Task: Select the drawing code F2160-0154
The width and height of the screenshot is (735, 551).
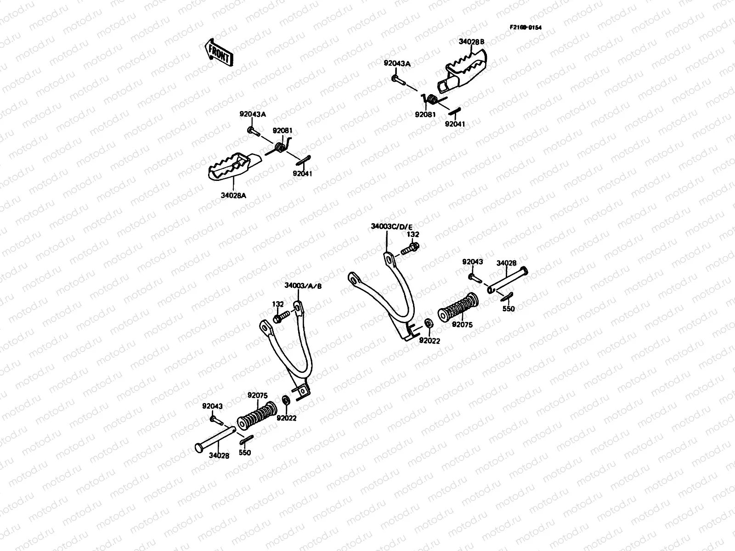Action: pyautogui.click(x=525, y=28)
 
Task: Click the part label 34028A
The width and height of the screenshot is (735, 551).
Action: pyautogui.click(x=234, y=195)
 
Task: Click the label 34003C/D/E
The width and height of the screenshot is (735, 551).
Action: pyautogui.click(x=392, y=227)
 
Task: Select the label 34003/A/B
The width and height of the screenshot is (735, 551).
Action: pyautogui.click(x=303, y=285)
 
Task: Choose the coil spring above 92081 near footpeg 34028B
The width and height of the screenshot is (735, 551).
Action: pyautogui.click(x=432, y=99)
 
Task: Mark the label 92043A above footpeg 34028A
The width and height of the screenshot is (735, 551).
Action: pyautogui.click(x=252, y=114)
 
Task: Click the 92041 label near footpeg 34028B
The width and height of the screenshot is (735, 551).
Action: pyautogui.click(x=455, y=124)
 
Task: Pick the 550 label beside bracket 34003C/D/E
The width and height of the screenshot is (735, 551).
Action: pyautogui.click(x=509, y=309)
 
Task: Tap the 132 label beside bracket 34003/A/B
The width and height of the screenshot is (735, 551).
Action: pyautogui.click(x=277, y=304)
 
